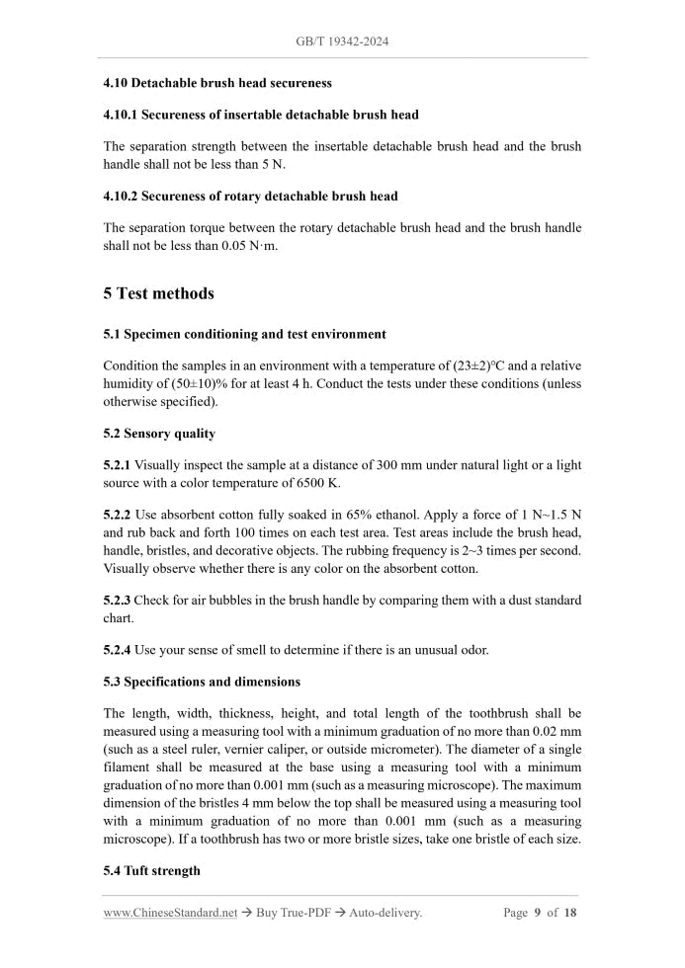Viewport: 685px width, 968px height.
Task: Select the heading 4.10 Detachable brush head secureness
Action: coord(217,83)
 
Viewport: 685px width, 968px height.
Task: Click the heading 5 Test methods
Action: coord(158,293)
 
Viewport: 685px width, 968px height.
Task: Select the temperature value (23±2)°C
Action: coord(479,364)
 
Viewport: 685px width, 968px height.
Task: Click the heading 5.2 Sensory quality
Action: coord(159,434)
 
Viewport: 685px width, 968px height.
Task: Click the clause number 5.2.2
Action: coord(117,516)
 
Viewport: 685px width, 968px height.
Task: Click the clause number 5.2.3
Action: coord(117,601)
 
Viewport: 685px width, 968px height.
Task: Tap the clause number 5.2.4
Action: coord(117,650)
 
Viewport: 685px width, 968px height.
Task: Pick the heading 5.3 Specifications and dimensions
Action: coord(202,682)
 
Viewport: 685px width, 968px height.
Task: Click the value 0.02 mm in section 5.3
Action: coord(557,731)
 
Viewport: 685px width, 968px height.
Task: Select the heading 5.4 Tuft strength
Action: coord(151,870)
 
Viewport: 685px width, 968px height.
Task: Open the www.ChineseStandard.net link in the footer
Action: coord(170,913)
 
